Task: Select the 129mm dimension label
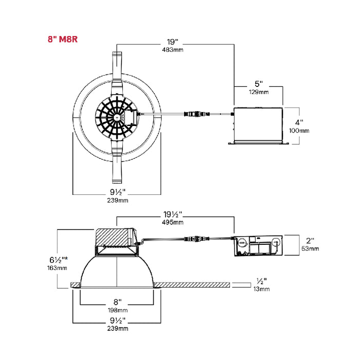coord(259,92)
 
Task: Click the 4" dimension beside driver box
coord(299,122)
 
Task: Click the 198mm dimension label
coord(117,311)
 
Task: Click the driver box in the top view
coord(259,125)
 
